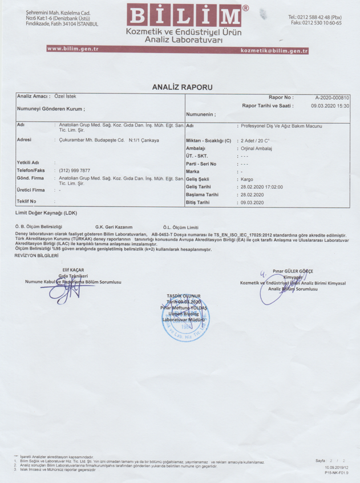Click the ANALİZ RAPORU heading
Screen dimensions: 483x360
pyautogui.click(x=182, y=87)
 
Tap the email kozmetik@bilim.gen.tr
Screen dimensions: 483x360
pyautogui.click(x=275, y=51)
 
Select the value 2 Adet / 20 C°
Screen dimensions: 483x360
pyautogui.click(x=255, y=140)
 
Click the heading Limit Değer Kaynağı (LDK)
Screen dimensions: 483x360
pyautogui.click(x=46, y=213)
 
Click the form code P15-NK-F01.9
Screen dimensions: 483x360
pyautogui.click(x=334, y=473)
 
